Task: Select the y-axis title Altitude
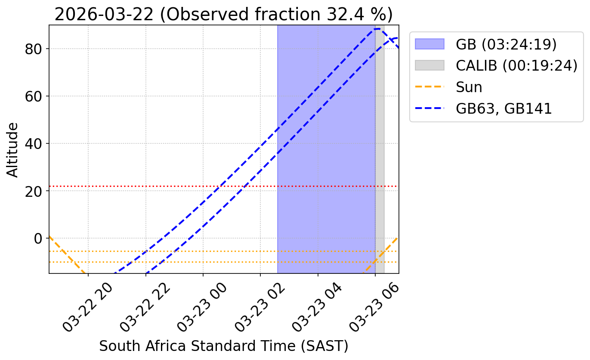(x=13, y=149)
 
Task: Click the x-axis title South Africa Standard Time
(x=224, y=346)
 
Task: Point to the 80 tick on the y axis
(x=35, y=49)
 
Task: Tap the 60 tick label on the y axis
(x=35, y=96)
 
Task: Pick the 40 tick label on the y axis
(x=35, y=144)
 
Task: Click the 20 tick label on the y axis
(x=35, y=191)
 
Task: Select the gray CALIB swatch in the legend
(x=429, y=65)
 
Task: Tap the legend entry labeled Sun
(x=469, y=87)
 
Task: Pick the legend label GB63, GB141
(x=504, y=109)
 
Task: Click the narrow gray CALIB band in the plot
(x=380, y=151)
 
